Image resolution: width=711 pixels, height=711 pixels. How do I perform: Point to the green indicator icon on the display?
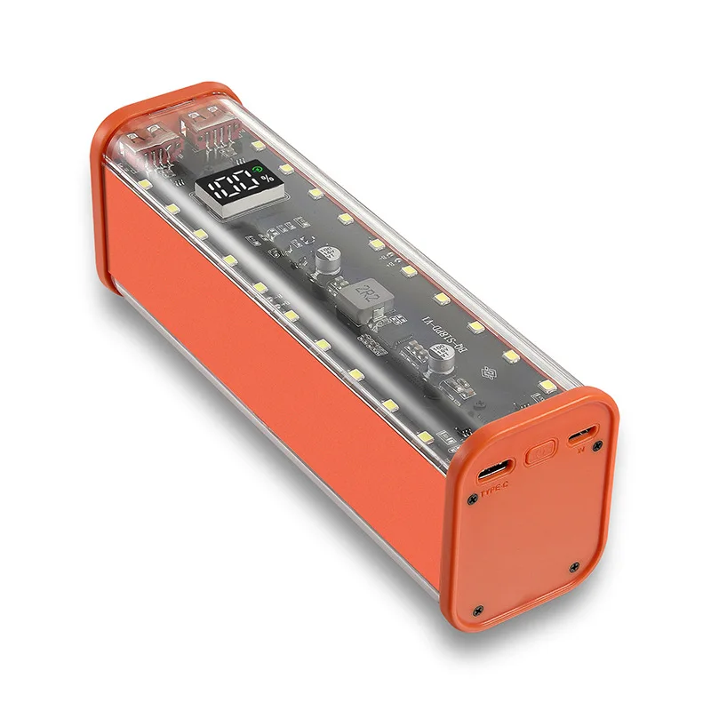coord(258,169)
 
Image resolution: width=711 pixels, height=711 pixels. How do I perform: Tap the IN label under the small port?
coord(579,451)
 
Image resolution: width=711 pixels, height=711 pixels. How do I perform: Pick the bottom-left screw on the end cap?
coord(478,610)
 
